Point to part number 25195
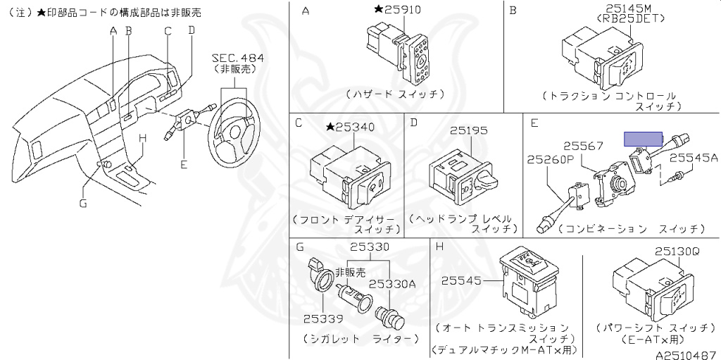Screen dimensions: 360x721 pyautogui.click(x=469, y=130)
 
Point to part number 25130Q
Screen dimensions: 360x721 pyautogui.click(x=677, y=251)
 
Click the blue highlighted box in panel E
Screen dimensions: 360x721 pyautogui.click(x=644, y=138)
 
